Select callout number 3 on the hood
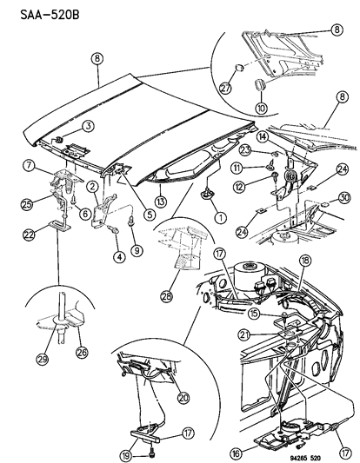tap(89, 126)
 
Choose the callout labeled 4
tap(114, 255)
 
